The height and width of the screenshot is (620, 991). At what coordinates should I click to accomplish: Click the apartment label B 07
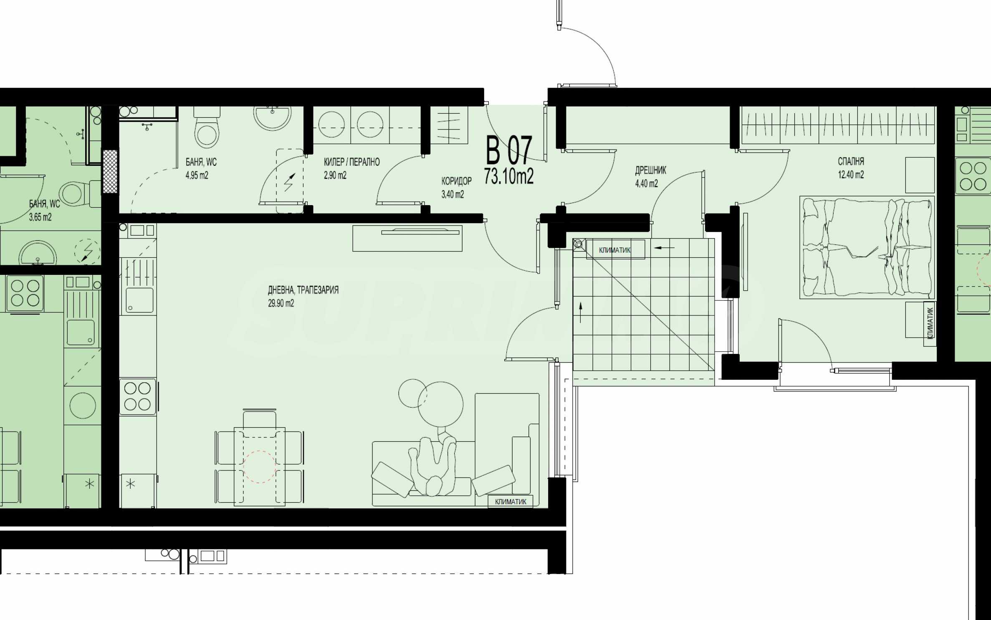[x=509, y=150]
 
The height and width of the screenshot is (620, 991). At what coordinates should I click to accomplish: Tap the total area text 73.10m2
[x=509, y=176]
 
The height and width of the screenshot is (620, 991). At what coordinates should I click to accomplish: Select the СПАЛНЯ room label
[x=851, y=161]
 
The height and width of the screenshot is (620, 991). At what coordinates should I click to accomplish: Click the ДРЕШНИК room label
[x=650, y=170]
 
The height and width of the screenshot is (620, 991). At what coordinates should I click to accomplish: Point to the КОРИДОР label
[x=457, y=181]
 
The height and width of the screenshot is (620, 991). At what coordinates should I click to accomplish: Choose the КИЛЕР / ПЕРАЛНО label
[x=352, y=162]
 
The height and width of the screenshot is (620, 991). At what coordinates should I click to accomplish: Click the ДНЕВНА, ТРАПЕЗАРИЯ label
[x=303, y=290]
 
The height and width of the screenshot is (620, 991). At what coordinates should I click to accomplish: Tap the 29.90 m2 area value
[x=281, y=303]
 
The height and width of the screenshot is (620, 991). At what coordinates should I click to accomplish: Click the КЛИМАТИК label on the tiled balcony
[x=615, y=250]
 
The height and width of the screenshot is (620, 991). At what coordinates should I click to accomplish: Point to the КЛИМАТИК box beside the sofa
[x=511, y=501]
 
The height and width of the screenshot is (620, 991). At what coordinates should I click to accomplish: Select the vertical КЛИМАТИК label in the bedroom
[x=930, y=323]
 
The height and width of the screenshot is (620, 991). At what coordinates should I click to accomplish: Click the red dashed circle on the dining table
[x=260, y=467]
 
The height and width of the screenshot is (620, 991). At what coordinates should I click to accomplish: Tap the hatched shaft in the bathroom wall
[x=111, y=171]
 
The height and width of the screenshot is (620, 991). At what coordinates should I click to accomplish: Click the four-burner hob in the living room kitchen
[x=137, y=396]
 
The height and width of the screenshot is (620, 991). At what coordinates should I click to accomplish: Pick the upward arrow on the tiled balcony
[x=581, y=313]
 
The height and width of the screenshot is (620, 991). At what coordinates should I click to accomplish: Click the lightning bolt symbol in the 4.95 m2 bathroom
[x=289, y=182]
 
